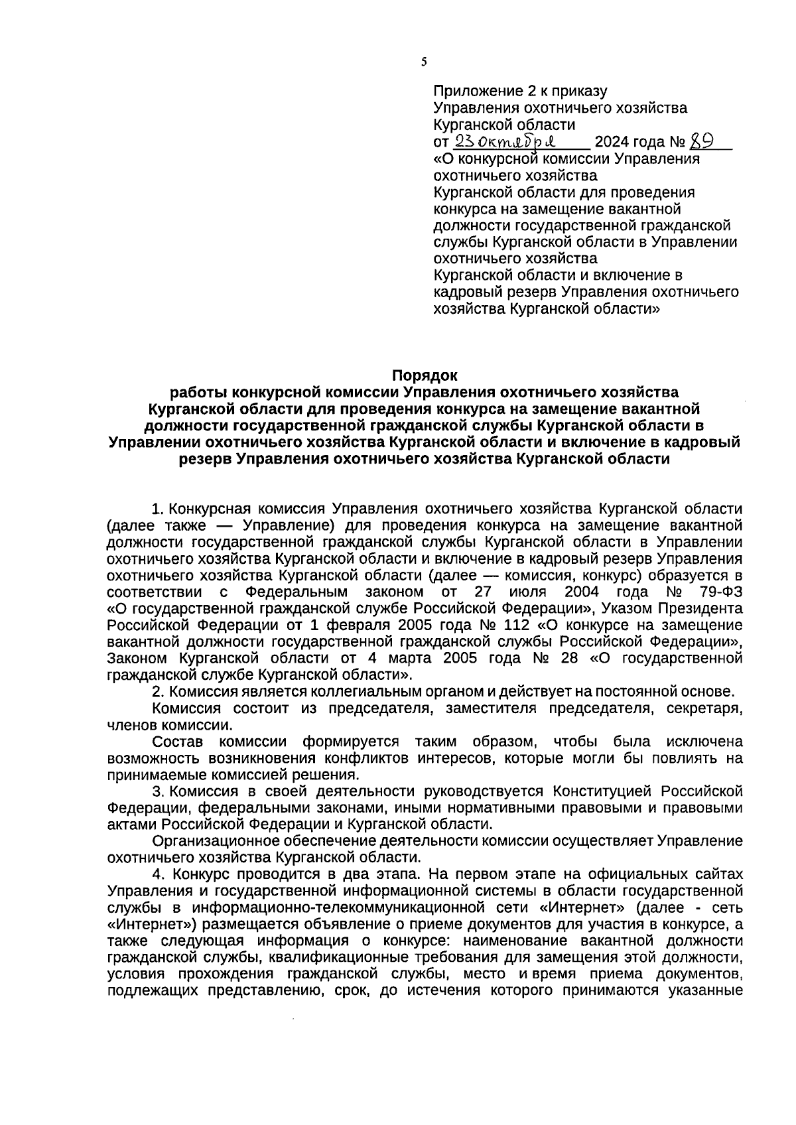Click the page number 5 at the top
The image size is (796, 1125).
pyautogui.click(x=424, y=62)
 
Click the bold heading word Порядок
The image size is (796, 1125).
pyautogui.click(x=425, y=375)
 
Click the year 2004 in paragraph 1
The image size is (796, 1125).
pyautogui.click(x=586, y=591)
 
